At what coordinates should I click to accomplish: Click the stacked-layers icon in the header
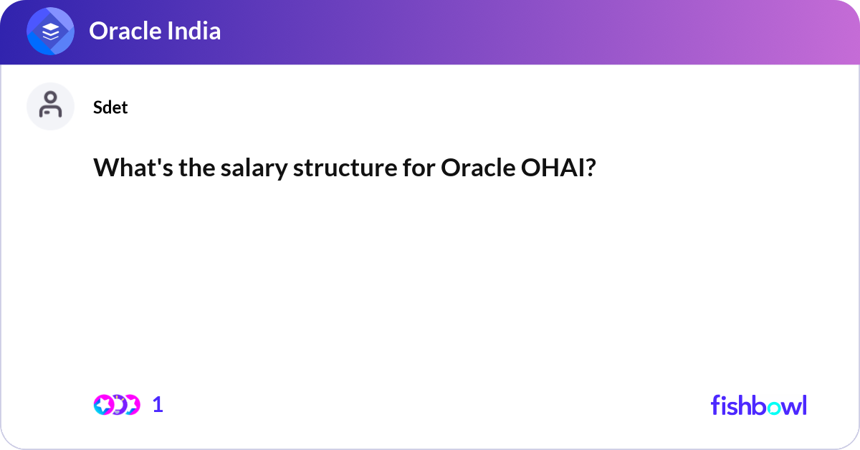click(51, 32)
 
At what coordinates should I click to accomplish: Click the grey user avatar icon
click(50, 106)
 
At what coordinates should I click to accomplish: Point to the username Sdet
click(110, 107)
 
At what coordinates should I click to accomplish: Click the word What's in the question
click(129, 168)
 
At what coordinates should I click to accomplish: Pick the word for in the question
click(415, 168)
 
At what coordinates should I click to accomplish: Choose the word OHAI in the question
click(548, 168)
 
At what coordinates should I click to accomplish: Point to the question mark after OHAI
click(589, 168)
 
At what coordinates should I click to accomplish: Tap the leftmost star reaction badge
click(104, 405)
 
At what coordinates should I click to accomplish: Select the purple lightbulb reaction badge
click(118, 405)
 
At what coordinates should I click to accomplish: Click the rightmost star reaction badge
click(131, 405)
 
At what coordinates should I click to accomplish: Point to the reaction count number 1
click(158, 405)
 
